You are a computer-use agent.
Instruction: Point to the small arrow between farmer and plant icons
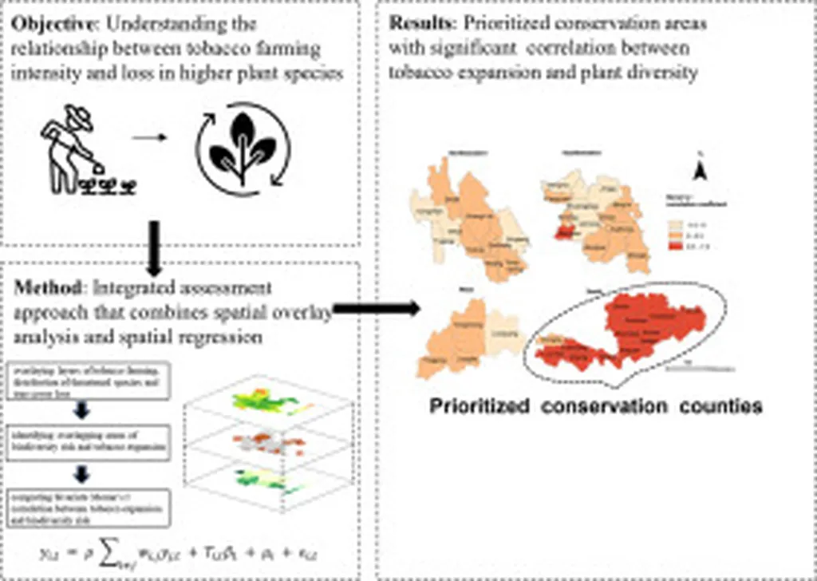click(151, 136)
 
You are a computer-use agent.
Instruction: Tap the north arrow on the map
click(699, 169)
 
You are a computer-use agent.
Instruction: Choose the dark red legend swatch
click(674, 248)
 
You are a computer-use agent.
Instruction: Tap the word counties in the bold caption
click(723, 406)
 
